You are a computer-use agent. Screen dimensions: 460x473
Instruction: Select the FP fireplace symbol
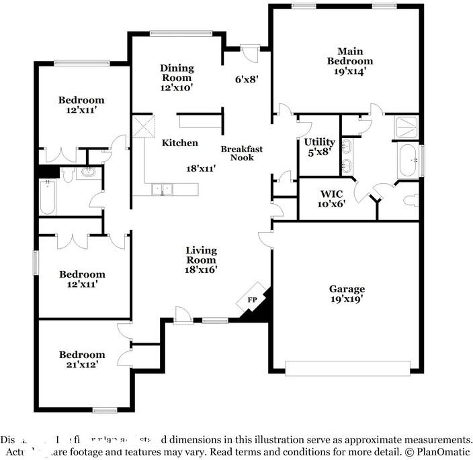coord(253,300)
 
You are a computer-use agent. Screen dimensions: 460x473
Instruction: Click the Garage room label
coord(347,289)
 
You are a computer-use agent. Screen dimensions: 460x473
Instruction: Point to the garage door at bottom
coord(347,368)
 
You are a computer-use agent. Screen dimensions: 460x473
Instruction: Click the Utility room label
coord(319,141)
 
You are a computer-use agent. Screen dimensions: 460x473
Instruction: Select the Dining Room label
coord(177,72)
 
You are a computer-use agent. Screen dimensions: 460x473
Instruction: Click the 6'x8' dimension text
coord(246,78)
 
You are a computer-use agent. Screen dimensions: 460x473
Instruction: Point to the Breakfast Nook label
coord(241,153)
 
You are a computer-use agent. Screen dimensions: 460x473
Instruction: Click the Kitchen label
coord(179,143)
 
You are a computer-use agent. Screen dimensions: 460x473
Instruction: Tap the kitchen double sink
coord(161,190)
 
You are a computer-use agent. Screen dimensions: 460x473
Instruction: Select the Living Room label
coord(201,255)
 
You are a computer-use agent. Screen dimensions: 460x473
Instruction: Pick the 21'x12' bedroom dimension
coord(82,365)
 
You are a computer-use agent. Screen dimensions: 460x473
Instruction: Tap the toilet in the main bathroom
coord(411,201)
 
